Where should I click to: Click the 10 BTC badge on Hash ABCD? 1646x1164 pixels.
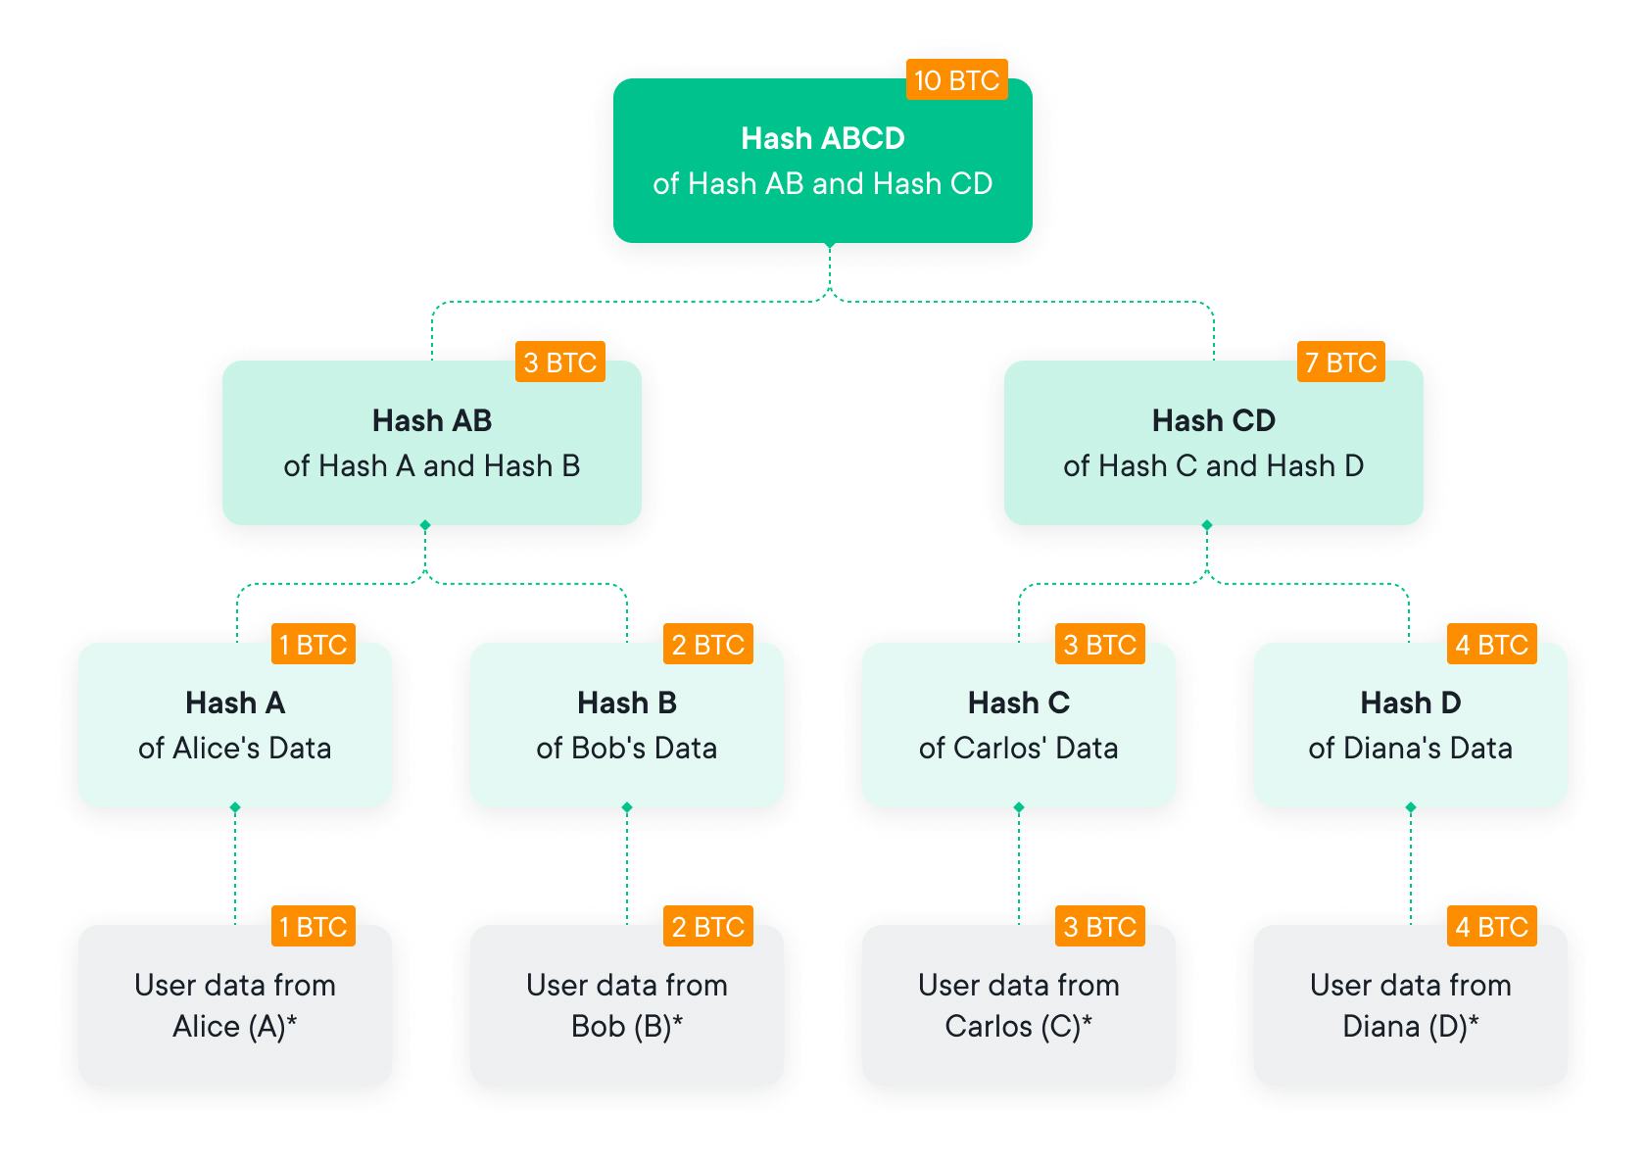click(956, 79)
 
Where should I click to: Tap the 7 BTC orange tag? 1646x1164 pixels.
click(1340, 363)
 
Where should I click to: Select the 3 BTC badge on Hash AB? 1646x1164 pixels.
click(559, 363)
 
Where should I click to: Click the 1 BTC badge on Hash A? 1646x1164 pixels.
click(313, 645)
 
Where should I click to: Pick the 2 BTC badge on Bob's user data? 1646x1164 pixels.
click(707, 927)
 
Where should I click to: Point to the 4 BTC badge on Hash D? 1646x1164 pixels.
click(1491, 645)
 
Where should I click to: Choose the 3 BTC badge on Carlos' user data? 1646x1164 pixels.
click(1099, 927)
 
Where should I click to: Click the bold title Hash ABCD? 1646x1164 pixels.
click(822, 138)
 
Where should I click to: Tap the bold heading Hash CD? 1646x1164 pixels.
click(1213, 420)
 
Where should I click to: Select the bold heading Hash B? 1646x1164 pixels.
click(626, 703)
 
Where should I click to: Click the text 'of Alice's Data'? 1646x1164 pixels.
click(234, 748)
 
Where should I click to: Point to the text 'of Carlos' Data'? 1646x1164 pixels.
click(1018, 748)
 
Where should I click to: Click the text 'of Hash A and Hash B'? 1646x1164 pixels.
click(431, 465)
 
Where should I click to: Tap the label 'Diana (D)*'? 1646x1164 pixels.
click(1410, 1026)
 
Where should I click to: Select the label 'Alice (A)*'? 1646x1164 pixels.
click(234, 1026)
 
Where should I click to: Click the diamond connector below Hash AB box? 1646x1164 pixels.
click(425, 526)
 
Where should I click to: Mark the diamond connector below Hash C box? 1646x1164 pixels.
click(1019, 807)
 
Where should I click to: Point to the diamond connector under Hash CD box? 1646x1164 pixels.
click(1207, 526)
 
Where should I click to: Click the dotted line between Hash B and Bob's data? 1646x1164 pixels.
click(627, 867)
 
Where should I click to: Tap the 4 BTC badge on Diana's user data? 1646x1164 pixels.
click(1491, 927)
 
